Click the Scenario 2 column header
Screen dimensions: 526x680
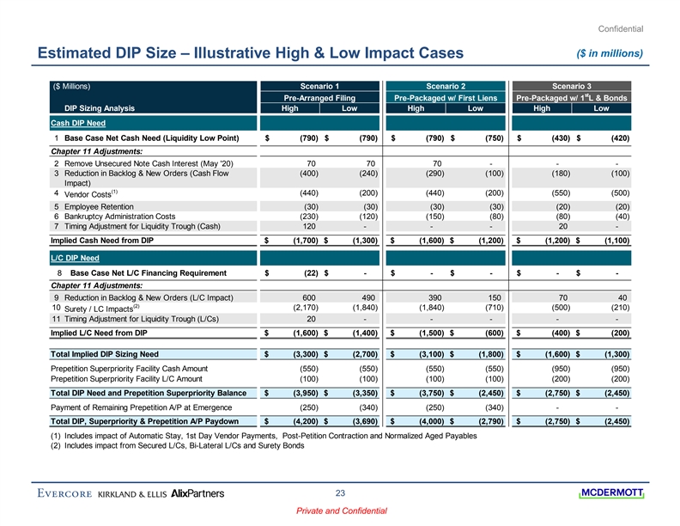(446, 86)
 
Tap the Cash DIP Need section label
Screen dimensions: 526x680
(73, 123)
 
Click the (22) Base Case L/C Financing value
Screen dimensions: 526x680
(302, 273)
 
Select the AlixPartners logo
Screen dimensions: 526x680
(198, 493)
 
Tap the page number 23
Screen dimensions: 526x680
(341, 492)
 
